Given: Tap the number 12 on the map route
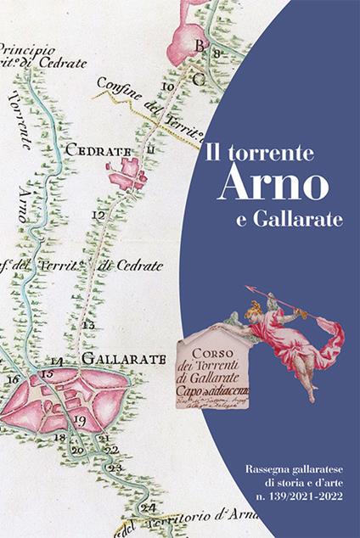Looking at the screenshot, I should [98, 216].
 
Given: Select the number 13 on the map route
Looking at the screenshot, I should [87, 325].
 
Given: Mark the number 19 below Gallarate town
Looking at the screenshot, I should [79, 420].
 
